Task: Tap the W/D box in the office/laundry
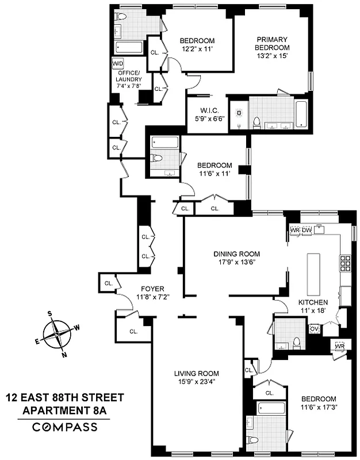118,63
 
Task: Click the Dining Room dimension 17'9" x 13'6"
236,263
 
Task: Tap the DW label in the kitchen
307,231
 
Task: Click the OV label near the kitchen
314,329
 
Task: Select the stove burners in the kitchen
346,263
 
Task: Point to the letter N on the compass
64,354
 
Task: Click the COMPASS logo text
64,427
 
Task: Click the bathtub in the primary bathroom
302,113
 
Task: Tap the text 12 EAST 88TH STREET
64,397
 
